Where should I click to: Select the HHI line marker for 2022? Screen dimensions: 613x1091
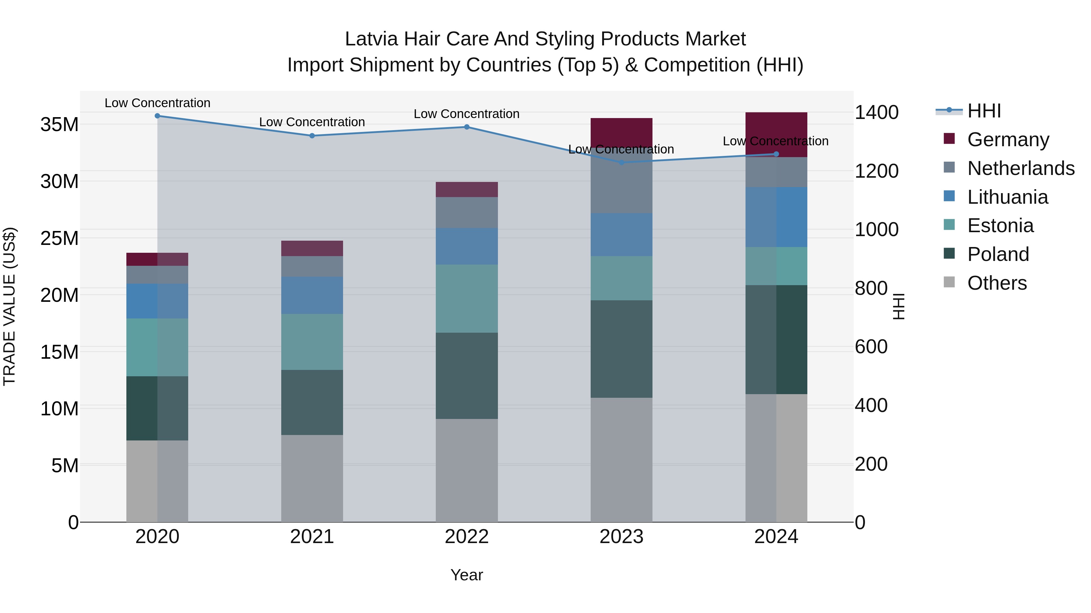pyautogui.click(x=467, y=127)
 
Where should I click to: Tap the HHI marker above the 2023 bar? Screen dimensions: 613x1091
pyautogui.click(x=621, y=163)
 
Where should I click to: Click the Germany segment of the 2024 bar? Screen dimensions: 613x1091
pyautogui.click(x=776, y=127)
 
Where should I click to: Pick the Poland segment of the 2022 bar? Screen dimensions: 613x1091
pyautogui.click(x=467, y=376)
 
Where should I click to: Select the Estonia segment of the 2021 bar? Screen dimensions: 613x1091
pyautogui.click(x=312, y=342)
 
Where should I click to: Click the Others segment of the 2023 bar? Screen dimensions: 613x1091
pyautogui.click(x=621, y=460)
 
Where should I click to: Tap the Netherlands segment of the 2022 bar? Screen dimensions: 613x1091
pyautogui.click(x=467, y=213)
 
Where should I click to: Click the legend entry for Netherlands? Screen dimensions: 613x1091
pyautogui.click(x=1021, y=168)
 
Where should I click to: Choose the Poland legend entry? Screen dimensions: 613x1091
pyautogui.click(x=998, y=254)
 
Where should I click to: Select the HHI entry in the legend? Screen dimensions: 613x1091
pyautogui.click(x=984, y=111)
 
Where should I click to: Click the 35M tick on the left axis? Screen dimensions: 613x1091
pyautogui.click(x=59, y=125)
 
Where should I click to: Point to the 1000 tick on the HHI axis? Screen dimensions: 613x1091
pyautogui.click(x=876, y=230)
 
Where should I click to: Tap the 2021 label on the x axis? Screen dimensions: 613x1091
pyautogui.click(x=312, y=537)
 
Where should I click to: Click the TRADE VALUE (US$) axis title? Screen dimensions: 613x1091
pyautogui.click(x=9, y=306)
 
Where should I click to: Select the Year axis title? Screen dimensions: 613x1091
pyautogui.click(x=467, y=575)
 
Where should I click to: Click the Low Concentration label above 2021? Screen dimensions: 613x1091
pyautogui.click(x=312, y=122)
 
